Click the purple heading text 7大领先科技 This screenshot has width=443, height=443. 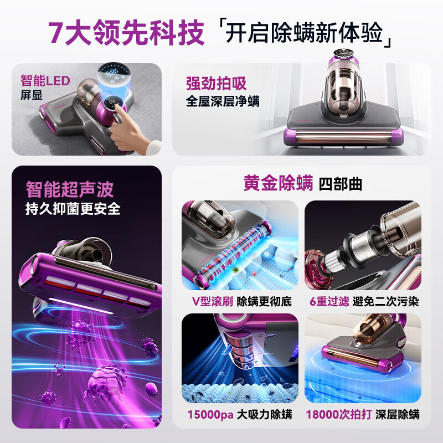126,33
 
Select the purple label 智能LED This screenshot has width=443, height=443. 45,81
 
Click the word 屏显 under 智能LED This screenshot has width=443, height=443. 32,95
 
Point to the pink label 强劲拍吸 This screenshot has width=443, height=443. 216,84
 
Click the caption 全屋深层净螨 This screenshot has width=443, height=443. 223,101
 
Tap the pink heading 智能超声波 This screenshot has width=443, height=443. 70,189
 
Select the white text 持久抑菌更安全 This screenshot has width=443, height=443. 73,209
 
